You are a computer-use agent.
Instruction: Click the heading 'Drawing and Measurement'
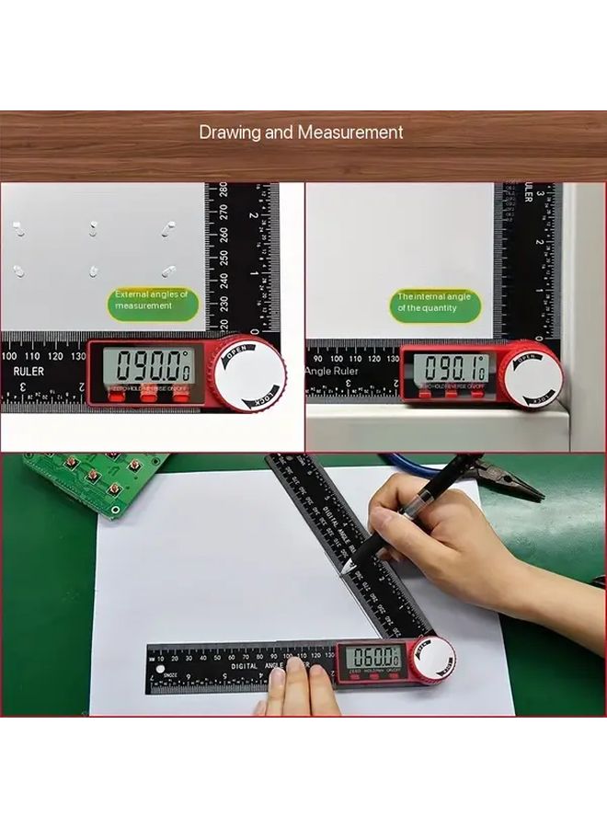click(301, 132)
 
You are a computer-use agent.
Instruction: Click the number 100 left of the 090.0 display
click(9, 356)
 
